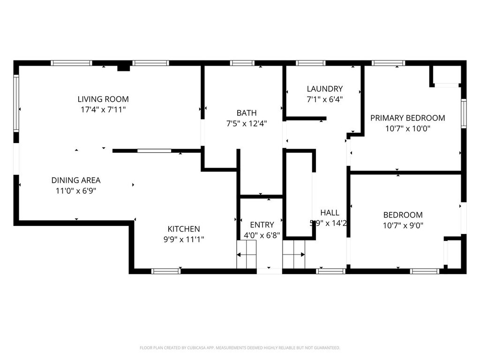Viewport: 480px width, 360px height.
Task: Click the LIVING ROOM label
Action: [103, 99]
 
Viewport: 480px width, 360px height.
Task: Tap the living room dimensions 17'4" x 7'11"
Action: [103, 109]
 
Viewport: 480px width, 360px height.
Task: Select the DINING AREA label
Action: [76, 180]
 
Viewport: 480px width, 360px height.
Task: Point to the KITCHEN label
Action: [184, 229]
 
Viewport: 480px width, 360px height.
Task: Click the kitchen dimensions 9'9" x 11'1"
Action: [184, 239]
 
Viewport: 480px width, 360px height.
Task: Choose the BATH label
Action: [246, 113]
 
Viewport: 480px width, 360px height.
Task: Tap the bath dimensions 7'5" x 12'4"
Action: [246, 124]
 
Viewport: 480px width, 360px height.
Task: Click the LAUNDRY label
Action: [324, 89]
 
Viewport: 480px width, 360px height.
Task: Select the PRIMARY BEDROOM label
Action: [407, 118]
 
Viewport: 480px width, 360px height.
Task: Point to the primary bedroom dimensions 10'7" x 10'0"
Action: [407, 128]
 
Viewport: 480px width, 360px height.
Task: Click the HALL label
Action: [330, 212]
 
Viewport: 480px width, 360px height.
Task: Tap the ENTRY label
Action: [262, 225]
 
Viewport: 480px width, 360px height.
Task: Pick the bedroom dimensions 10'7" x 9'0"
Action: [403, 225]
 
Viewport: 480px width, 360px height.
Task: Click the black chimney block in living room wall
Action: [123, 68]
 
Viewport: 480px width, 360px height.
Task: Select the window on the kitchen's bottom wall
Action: [166, 271]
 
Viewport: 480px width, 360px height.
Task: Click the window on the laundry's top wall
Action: [310, 63]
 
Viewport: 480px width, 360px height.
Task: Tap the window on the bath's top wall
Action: [242, 63]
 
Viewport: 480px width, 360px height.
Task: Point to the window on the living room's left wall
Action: [16, 103]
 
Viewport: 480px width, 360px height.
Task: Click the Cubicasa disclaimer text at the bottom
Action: [240, 348]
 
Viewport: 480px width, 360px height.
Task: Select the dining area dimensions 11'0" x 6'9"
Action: [76, 190]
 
